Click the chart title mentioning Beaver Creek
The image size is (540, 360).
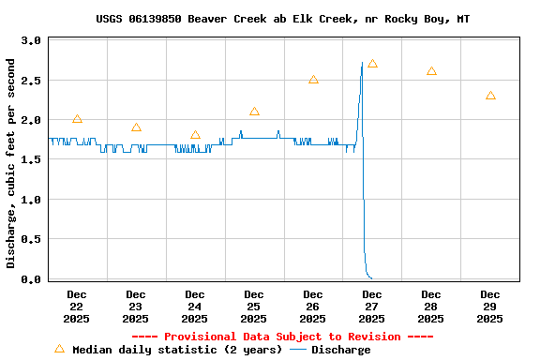point(283,19)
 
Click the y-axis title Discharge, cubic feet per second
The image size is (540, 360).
point(11,163)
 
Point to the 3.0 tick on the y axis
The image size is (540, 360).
point(31,41)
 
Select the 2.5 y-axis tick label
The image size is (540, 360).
point(31,81)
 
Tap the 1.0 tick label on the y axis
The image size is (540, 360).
point(31,200)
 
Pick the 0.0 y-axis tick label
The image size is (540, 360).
point(31,279)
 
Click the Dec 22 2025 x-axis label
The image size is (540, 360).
point(77,306)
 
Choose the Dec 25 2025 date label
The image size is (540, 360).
point(254,306)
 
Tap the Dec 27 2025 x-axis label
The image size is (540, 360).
point(372,306)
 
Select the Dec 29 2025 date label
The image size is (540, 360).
point(490,306)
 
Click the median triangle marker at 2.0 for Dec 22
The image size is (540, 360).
point(77,119)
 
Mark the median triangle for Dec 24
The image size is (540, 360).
point(195,135)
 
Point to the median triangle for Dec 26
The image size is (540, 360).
point(313,80)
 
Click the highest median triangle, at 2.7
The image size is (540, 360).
point(372,64)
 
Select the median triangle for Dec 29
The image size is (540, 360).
point(490,96)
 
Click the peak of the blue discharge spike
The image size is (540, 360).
point(362,63)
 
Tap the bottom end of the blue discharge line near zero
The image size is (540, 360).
point(371,277)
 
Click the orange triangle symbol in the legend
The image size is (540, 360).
point(59,349)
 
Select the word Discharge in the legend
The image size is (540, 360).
point(340,350)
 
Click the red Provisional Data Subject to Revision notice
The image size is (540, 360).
point(283,337)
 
